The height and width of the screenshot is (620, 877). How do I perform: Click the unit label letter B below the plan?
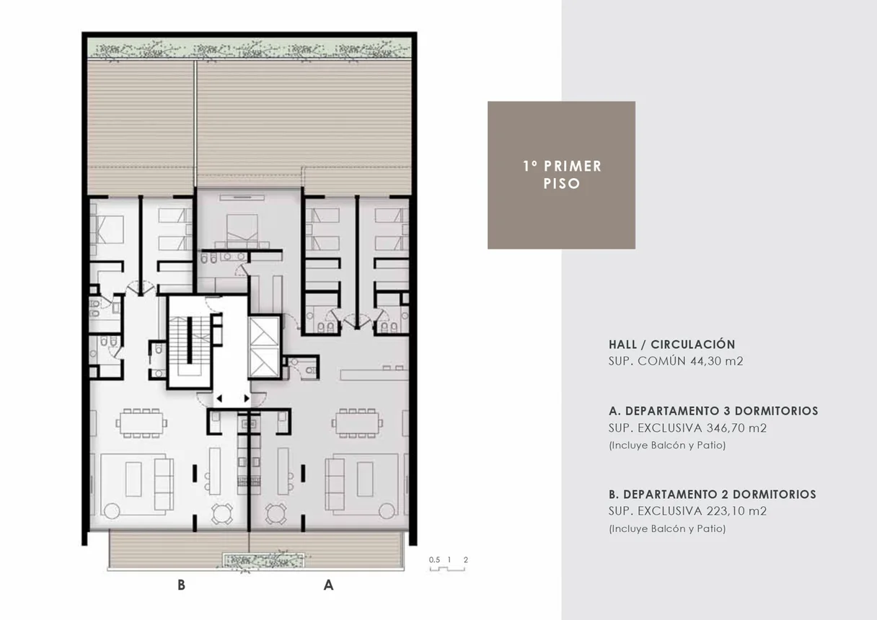coord(181,585)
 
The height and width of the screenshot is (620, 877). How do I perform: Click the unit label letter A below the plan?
coord(328,585)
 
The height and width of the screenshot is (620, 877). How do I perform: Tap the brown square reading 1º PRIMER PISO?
coord(561,175)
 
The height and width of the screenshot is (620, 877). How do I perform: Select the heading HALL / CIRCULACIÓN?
coord(672,345)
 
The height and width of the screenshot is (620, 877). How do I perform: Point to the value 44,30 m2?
coord(716,361)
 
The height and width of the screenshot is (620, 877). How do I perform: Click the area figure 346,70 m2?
coord(736,428)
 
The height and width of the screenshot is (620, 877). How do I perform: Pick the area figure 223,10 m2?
coord(736,511)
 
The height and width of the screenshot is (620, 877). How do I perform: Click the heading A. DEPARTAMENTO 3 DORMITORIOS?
coord(713,411)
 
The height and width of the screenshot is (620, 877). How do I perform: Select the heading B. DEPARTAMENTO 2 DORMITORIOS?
coord(713,495)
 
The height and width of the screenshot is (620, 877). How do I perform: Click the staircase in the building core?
coord(190,342)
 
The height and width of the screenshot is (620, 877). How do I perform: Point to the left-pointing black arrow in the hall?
coord(219,399)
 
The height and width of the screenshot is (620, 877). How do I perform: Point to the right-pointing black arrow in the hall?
coord(247,399)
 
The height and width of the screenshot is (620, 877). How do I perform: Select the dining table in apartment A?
coord(357,423)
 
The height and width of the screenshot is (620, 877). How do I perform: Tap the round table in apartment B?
coord(222,513)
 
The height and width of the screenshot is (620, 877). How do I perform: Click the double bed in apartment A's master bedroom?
coord(242,228)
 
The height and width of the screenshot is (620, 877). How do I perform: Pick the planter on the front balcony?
coord(263,561)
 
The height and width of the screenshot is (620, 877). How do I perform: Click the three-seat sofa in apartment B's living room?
coord(164,484)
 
